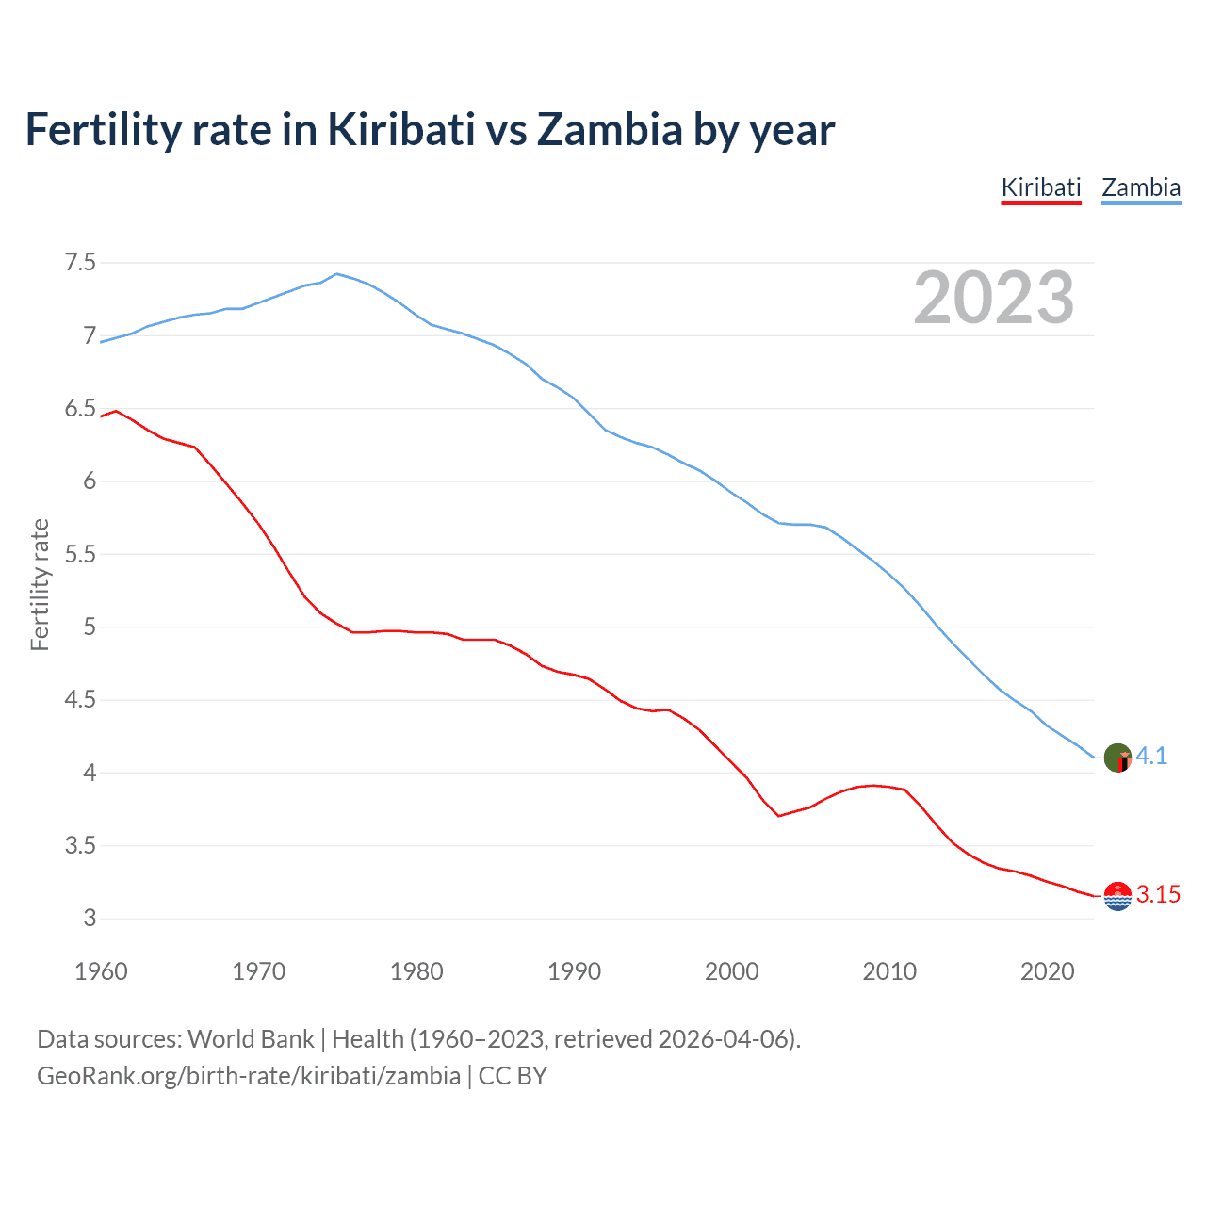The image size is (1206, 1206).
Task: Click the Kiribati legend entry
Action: tap(1040, 187)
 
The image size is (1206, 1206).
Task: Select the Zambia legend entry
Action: tap(1141, 187)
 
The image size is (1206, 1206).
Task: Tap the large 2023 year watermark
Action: tap(994, 298)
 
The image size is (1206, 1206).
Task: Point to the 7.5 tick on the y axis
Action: tap(80, 263)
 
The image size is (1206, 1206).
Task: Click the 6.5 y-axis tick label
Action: tap(80, 409)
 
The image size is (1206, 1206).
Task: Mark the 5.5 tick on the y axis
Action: tap(80, 554)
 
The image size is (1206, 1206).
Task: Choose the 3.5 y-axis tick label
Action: tap(80, 846)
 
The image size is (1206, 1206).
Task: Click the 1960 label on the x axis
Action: tap(101, 971)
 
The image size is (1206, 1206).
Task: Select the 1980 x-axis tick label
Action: tap(416, 971)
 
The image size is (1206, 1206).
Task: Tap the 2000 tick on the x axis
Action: tap(732, 971)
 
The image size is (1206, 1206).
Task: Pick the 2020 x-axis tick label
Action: tap(1047, 971)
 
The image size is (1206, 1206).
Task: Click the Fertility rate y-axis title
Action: tap(40, 584)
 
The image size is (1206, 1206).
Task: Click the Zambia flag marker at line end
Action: tap(1117, 758)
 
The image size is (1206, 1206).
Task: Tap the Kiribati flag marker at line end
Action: tap(1117, 896)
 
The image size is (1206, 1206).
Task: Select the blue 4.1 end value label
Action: tap(1151, 757)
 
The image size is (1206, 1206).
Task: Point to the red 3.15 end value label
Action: tap(1158, 895)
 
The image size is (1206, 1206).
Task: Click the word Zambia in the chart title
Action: tap(609, 130)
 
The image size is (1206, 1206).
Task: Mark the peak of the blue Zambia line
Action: tap(337, 273)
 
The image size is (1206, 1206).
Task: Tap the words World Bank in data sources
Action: tap(251, 1039)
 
